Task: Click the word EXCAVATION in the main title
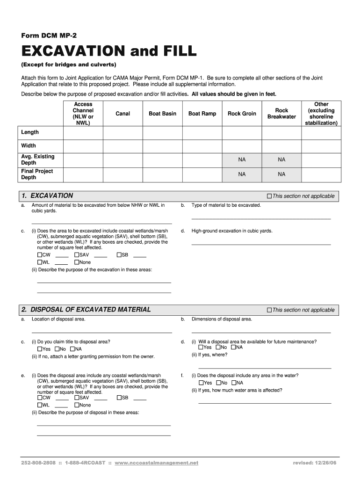[x=72, y=51]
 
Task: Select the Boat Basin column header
[x=162, y=114]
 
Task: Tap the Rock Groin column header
[x=242, y=114]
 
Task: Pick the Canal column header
[x=123, y=114]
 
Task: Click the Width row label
[x=29, y=145]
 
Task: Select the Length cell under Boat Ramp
[x=202, y=132]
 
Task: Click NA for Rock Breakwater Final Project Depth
[x=281, y=174]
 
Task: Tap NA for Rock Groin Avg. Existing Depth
[x=242, y=160]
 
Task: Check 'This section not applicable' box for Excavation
[x=269, y=196]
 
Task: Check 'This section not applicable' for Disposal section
[x=269, y=310]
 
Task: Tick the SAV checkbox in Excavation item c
[x=77, y=255]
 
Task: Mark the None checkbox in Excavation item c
[x=77, y=262]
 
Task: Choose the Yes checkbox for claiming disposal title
[x=39, y=349]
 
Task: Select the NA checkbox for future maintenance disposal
[x=233, y=347]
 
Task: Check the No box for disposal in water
[x=218, y=383]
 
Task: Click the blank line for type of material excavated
[x=261, y=218]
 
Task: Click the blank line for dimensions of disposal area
[x=261, y=332]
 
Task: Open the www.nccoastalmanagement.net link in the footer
[x=156, y=463]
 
